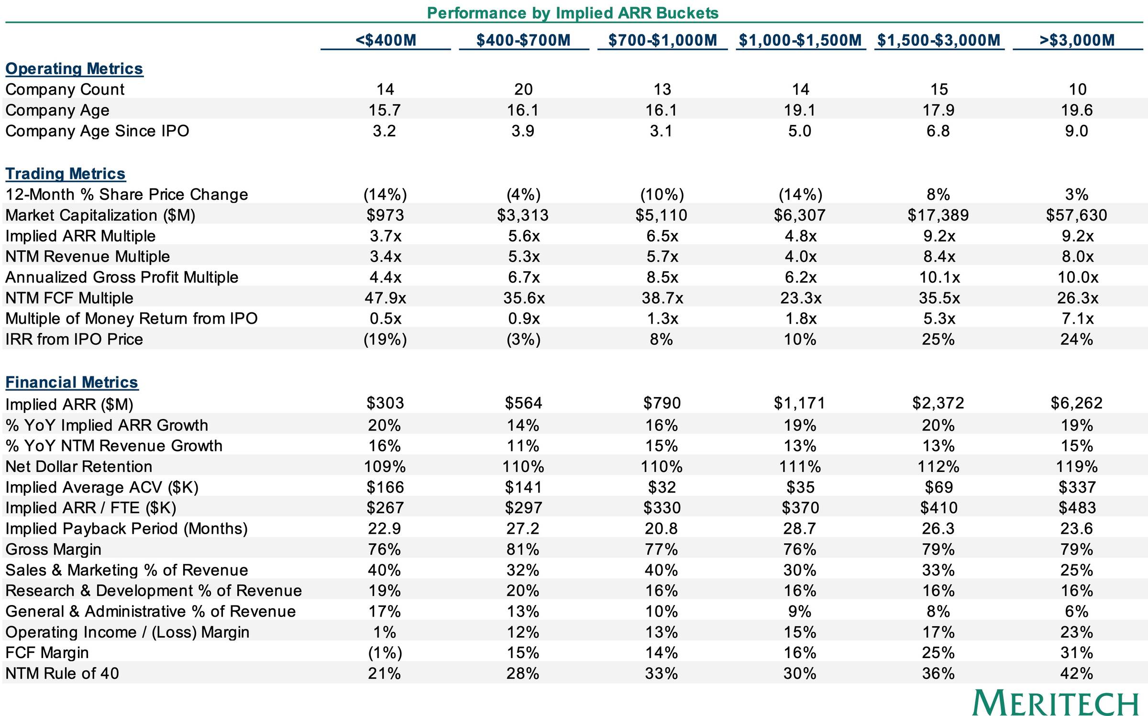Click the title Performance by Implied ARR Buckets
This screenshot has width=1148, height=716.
(x=573, y=13)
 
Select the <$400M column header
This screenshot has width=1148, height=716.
(x=386, y=40)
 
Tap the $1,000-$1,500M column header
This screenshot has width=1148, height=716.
(x=800, y=40)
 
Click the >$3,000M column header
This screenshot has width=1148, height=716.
(x=1077, y=40)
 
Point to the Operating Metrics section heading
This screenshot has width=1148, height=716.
(x=74, y=69)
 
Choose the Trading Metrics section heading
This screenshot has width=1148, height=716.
(x=66, y=174)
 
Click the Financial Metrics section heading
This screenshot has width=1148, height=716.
(x=72, y=382)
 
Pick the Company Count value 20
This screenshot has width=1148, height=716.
(x=523, y=89)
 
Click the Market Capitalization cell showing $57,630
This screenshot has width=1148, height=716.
(x=1077, y=215)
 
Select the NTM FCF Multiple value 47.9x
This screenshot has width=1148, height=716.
(x=386, y=298)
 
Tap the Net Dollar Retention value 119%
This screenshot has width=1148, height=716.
(x=1077, y=466)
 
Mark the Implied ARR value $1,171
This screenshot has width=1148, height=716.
(x=800, y=403)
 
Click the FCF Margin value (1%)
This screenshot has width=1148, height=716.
(x=385, y=653)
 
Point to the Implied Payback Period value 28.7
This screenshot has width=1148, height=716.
(x=800, y=529)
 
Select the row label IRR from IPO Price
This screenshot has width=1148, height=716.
(x=74, y=340)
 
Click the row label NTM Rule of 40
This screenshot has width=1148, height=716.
(x=62, y=673)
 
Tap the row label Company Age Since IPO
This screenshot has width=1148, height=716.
(x=97, y=131)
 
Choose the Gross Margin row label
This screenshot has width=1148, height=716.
(x=54, y=550)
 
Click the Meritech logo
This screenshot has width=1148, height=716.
(x=1055, y=703)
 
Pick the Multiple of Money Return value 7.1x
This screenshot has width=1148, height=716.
(x=1077, y=319)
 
